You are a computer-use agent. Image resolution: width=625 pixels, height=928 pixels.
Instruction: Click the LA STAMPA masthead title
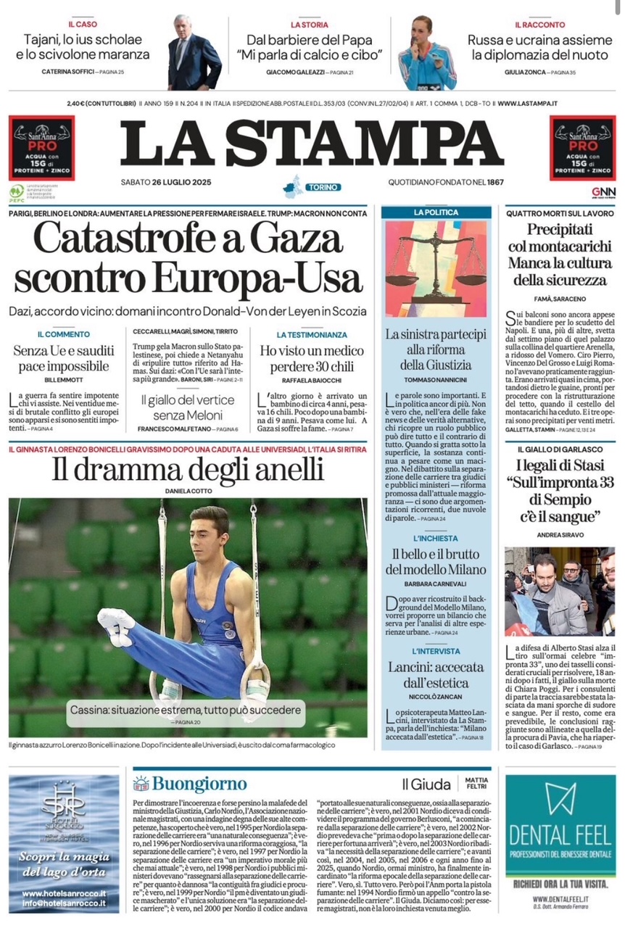(x=312, y=142)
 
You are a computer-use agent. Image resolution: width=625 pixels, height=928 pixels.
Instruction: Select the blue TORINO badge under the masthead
(x=322, y=187)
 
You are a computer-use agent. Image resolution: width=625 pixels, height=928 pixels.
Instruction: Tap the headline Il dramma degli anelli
(x=188, y=471)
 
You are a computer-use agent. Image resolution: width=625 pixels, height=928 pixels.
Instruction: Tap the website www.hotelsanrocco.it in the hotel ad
(x=65, y=893)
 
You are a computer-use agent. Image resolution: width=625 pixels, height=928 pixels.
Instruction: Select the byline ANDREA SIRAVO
(x=560, y=536)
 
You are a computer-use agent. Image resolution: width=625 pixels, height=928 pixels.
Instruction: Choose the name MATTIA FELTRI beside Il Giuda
(x=476, y=784)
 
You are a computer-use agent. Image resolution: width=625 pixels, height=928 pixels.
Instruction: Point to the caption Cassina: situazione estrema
(x=185, y=710)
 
